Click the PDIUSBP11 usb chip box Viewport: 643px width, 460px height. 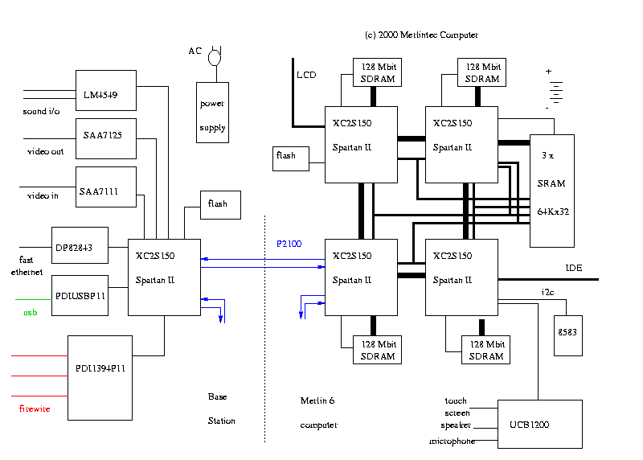coord(80,297)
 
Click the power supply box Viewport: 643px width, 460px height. coord(212,113)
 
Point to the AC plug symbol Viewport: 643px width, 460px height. coord(214,56)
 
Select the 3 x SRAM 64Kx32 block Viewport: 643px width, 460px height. coord(551,190)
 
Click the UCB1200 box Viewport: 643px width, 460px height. coord(539,424)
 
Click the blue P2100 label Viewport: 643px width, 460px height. coord(289,244)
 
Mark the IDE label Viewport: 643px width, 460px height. coord(574,268)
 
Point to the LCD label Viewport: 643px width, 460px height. coord(306,75)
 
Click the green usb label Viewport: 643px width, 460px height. coord(30,312)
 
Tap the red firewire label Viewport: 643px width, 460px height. coord(35,409)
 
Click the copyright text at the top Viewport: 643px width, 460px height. coord(421,35)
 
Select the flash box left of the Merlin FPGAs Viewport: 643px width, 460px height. coord(290,156)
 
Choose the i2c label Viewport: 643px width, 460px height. coord(547,292)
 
